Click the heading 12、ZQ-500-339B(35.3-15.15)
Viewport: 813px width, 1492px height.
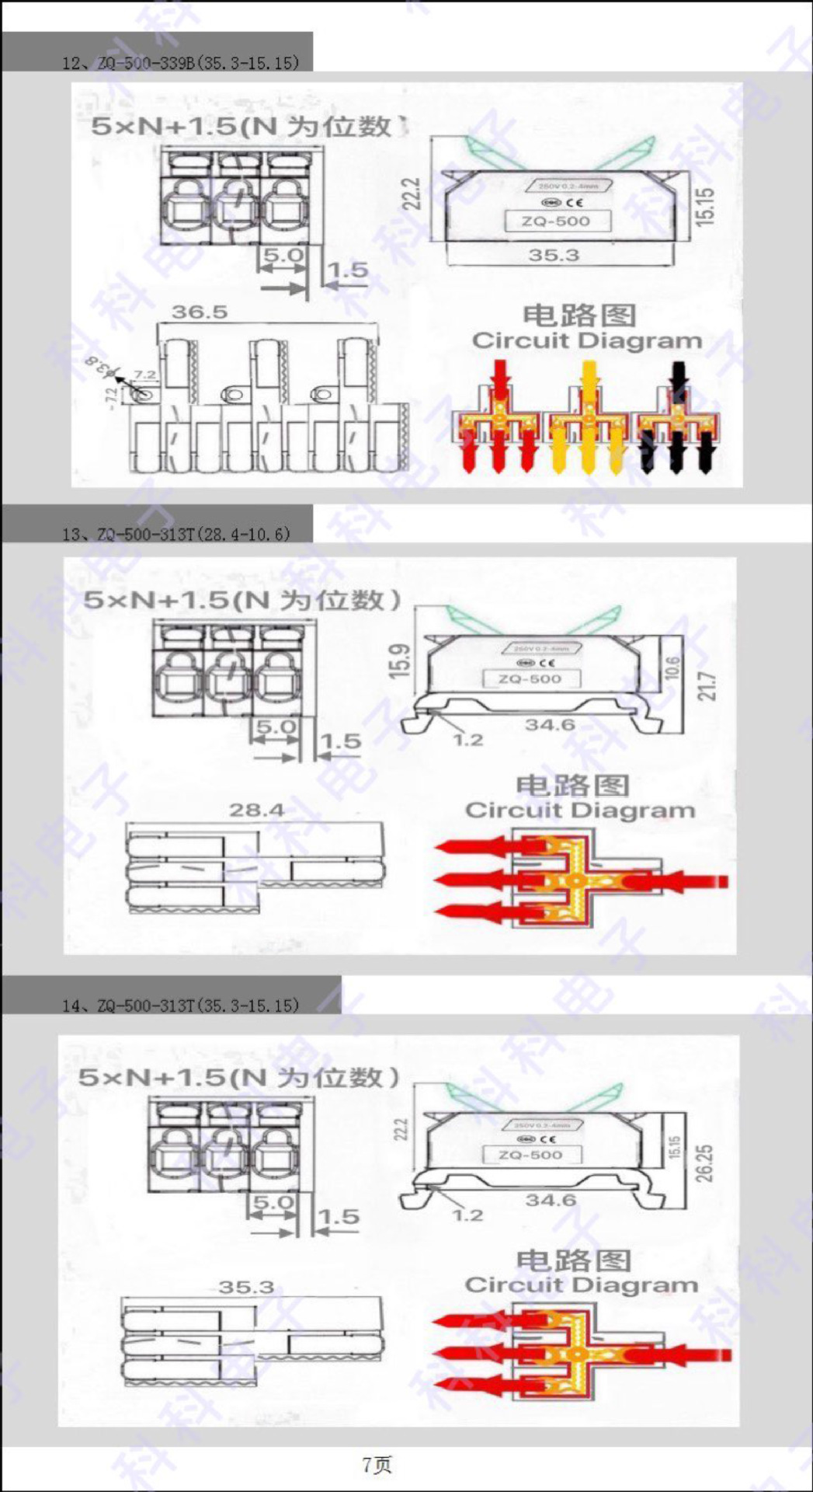coord(180,62)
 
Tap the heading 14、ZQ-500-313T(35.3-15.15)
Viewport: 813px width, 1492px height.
coord(180,1005)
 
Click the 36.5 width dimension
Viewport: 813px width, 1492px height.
coord(200,312)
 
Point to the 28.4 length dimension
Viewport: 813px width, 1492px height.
coord(256,810)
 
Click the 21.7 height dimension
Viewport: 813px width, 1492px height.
coord(706,686)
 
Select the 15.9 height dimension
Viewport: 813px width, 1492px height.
coord(399,661)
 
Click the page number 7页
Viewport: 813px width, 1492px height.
coord(377,1465)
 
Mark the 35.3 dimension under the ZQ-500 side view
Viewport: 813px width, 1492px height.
coord(554,255)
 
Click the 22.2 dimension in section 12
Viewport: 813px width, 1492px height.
coord(413,194)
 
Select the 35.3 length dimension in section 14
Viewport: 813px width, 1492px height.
coord(246,1287)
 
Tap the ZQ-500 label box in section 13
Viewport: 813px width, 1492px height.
coord(530,678)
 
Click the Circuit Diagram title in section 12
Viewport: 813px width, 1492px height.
coord(586,340)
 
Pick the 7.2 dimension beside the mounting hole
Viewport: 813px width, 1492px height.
coord(145,375)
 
